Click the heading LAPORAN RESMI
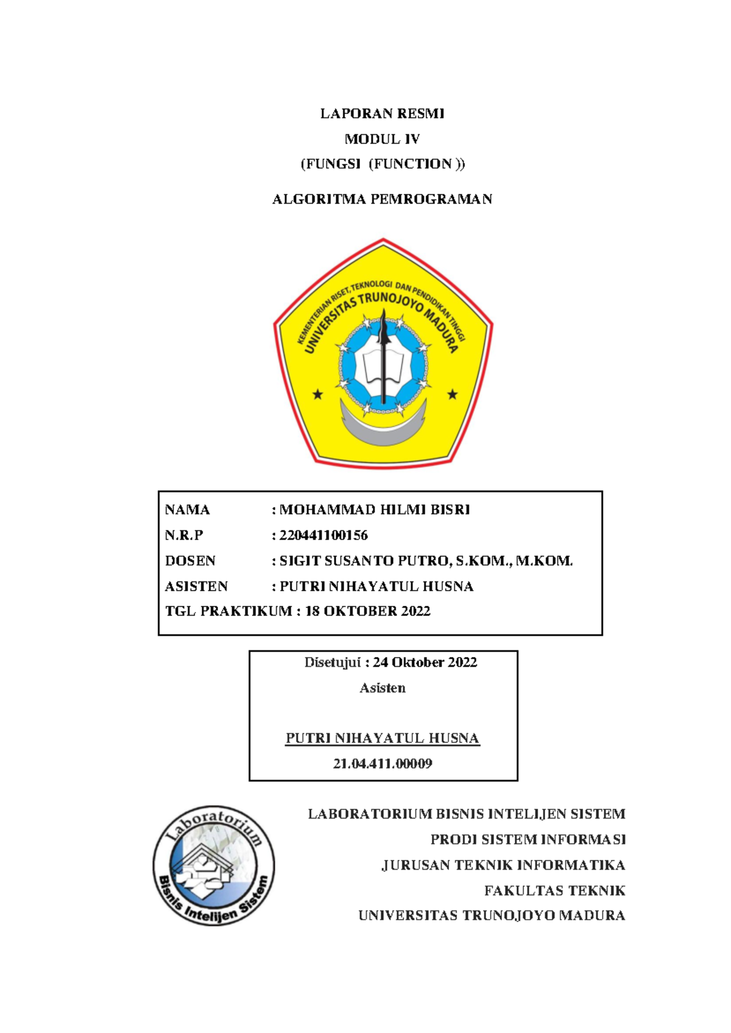(x=382, y=113)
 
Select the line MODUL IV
(x=382, y=139)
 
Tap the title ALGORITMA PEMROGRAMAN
(x=382, y=199)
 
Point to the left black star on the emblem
(x=317, y=395)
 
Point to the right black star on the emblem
(x=452, y=394)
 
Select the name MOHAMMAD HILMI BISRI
(x=374, y=510)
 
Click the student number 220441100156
(x=323, y=536)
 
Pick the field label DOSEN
(x=190, y=561)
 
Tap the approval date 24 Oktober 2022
(x=425, y=662)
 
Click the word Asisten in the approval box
(x=382, y=688)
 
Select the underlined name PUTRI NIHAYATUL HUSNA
(x=382, y=739)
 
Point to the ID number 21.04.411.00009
(x=382, y=764)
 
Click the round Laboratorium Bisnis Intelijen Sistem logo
(x=213, y=865)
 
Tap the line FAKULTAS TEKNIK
(x=554, y=891)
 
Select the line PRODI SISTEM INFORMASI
(x=528, y=840)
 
